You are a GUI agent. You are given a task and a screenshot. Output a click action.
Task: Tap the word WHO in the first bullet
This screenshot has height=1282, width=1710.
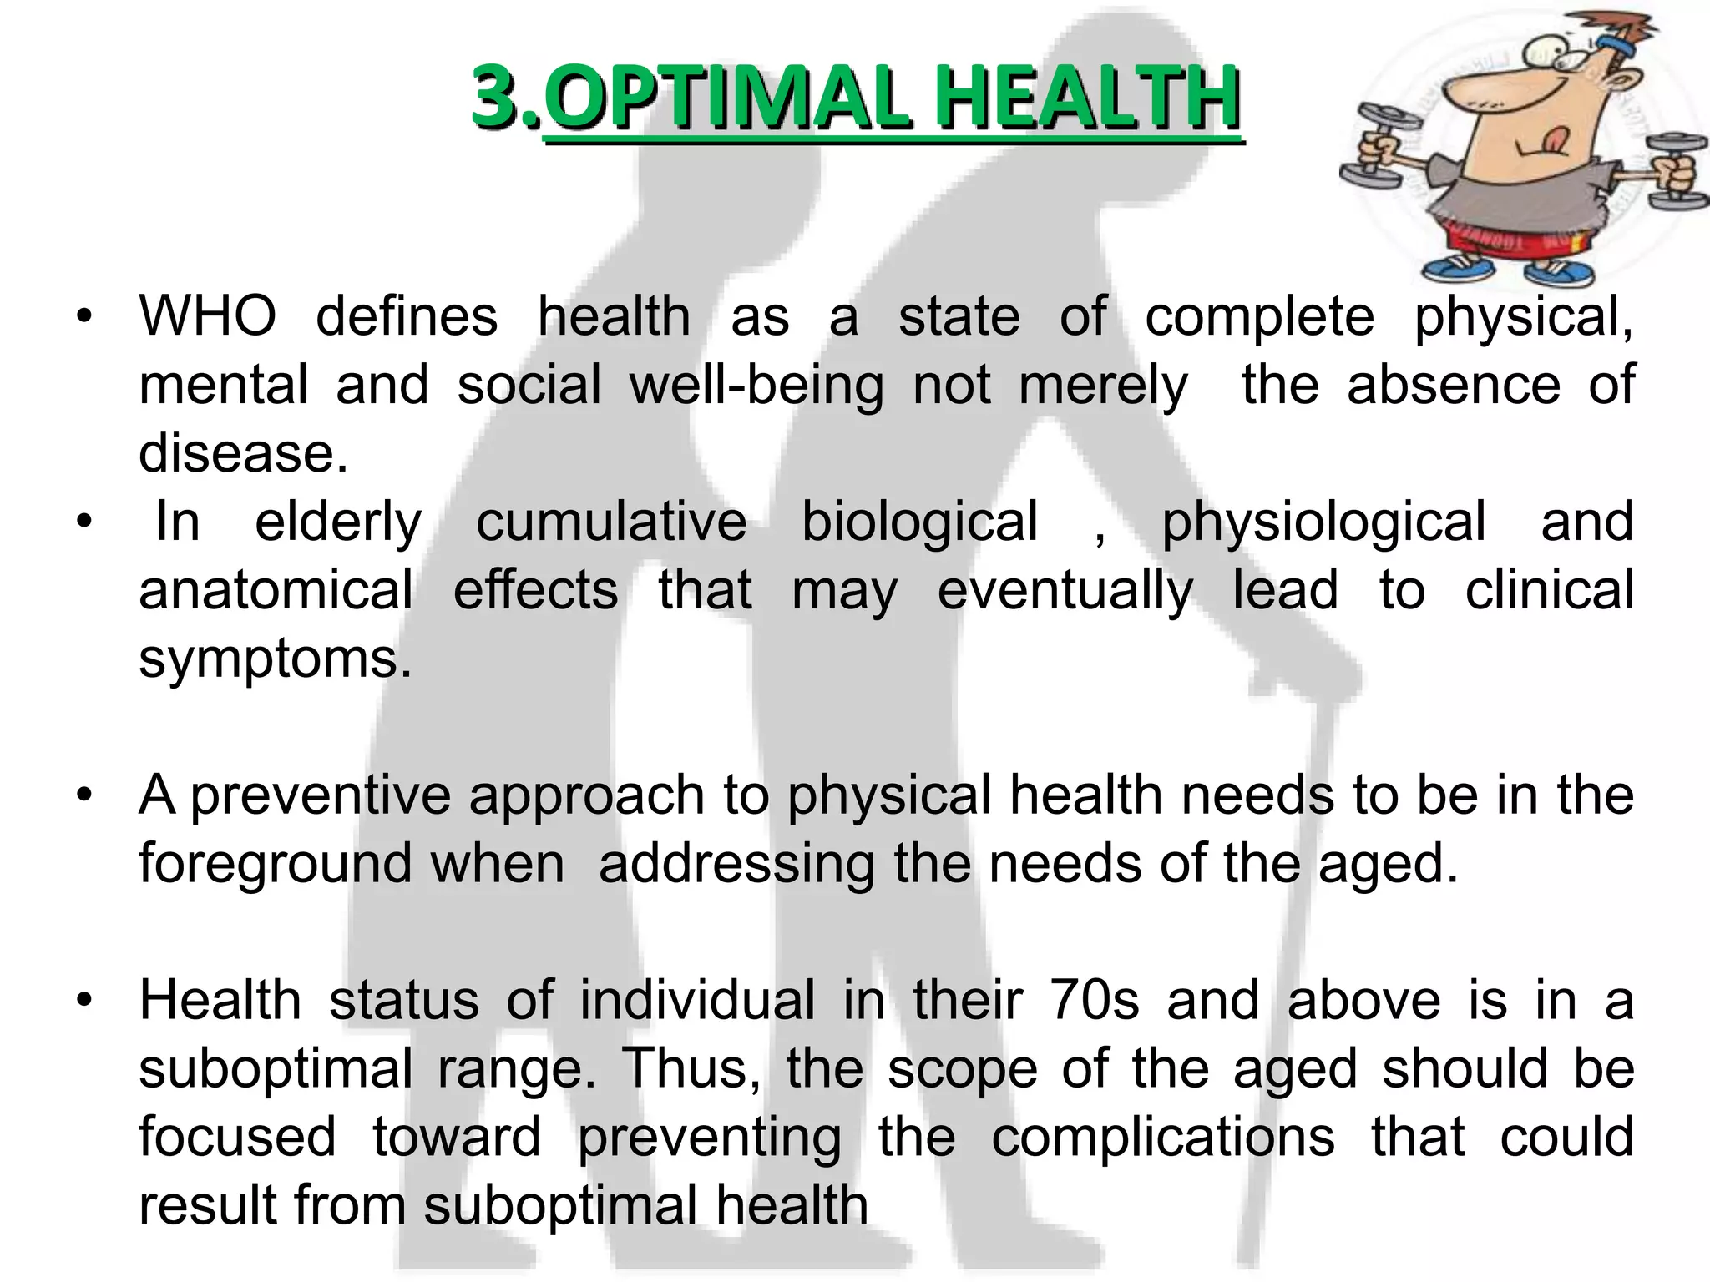tap(207, 317)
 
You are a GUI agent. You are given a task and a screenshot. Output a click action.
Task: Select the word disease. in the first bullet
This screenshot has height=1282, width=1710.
tap(243, 453)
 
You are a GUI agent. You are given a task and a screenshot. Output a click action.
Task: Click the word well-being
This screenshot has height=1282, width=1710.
tap(756, 386)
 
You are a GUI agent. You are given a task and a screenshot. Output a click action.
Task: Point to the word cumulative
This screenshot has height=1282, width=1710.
tap(611, 522)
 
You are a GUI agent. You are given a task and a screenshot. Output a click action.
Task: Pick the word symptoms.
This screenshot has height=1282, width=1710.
tap(276, 659)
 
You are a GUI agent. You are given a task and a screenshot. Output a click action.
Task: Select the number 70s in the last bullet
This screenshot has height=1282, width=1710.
tap(1094, 1000)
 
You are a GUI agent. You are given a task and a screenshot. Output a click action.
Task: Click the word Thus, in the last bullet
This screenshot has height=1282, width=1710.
tap(691, 1068)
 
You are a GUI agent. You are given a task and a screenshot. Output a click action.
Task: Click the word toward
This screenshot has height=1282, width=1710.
tap(456, 1137)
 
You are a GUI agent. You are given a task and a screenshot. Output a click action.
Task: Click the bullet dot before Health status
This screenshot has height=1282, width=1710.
tap(83, 1000)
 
